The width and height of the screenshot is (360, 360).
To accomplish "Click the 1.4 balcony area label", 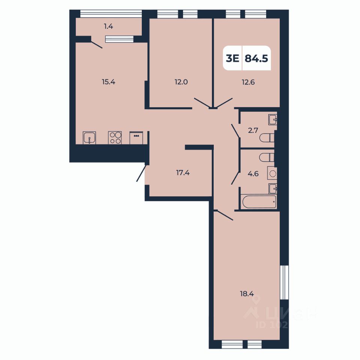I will [108, 26].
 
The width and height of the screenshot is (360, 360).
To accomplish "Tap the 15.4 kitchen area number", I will [108, 82].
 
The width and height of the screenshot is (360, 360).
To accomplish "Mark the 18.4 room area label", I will [247, 294].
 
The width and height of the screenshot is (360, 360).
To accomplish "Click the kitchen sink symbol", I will [89, 138].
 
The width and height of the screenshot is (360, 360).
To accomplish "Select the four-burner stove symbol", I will [115, 138].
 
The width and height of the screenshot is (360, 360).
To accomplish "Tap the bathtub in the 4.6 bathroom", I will [259, 202].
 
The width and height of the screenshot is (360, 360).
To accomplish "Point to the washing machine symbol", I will [273, 174].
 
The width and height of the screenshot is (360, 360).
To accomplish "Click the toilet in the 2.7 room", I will [267, 138].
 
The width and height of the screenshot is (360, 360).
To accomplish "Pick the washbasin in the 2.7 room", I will [273, 120].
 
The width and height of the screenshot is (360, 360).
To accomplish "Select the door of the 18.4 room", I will [224, 215].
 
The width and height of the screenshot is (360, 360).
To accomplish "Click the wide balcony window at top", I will [111, 13].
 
